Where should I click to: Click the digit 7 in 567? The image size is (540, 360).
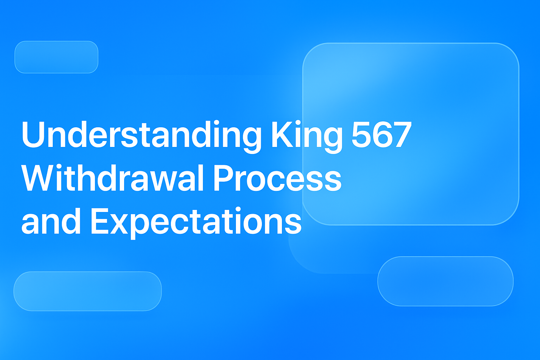tap(401, 135)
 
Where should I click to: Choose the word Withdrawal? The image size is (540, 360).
tap(112, 178)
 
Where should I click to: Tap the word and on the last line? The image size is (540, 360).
tap(51, 221)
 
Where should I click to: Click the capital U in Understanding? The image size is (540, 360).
tap(34, 135)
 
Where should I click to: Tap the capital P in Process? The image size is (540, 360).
tap(224, 178)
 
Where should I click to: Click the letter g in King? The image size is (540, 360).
tap(332, 139)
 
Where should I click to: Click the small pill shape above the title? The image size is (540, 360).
tap(56, 57)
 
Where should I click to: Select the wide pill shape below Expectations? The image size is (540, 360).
tap(88, 291)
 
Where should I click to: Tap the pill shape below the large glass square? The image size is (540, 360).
tap(445, 281)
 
